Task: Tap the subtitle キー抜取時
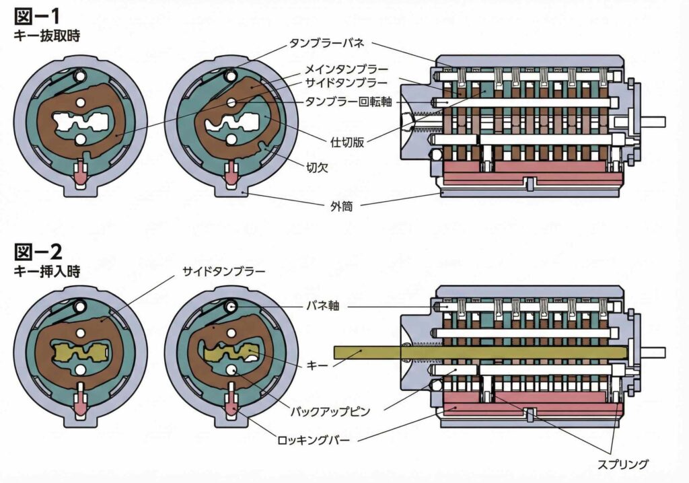[x=46, y=36]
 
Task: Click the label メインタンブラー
[x=346, y=69]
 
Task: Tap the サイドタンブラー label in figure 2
[x=223, y=272]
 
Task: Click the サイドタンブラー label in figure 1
[x=346, y=83]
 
